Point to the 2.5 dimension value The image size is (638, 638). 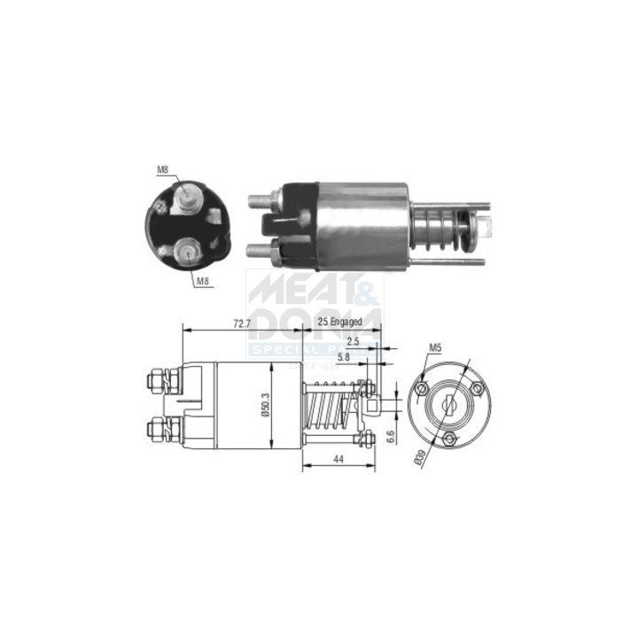pos(354,341)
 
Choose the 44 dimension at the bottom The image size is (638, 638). pos(338,458)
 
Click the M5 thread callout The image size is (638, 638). pos(435,348)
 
